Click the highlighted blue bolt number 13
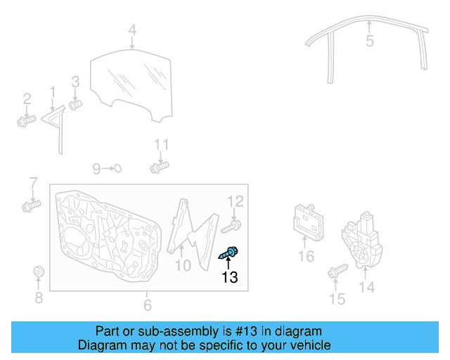tap(232, 252)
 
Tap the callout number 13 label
tap(230, 278)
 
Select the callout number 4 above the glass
tap(132, 30)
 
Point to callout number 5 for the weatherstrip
tap(370, 41)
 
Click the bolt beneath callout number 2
tap(26, 121)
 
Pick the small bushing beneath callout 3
tap(76, 105)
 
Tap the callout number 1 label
tap(52, 91)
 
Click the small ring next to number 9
tap(118, 168)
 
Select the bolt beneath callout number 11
tap(160, 168)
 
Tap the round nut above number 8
tap(39, 272)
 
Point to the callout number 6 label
tap(147, 305)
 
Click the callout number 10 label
tap(183, 266)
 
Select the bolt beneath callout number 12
tap(233, 226)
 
